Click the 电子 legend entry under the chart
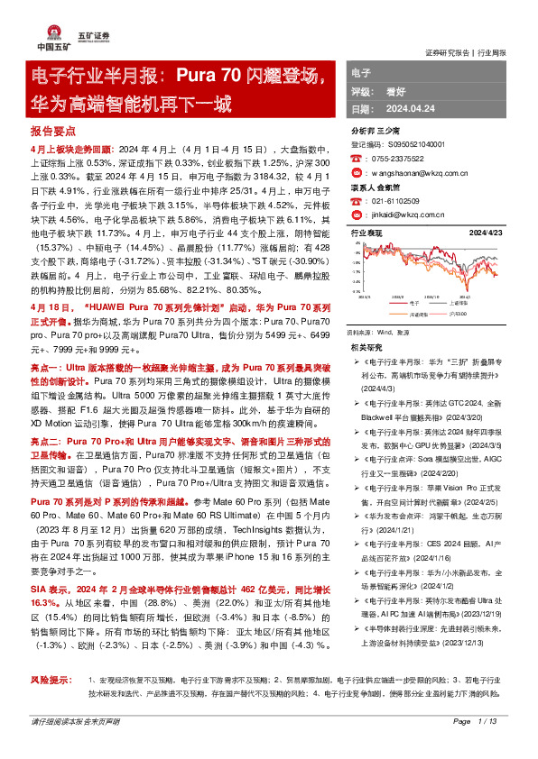414,304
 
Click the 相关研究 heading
366,346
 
